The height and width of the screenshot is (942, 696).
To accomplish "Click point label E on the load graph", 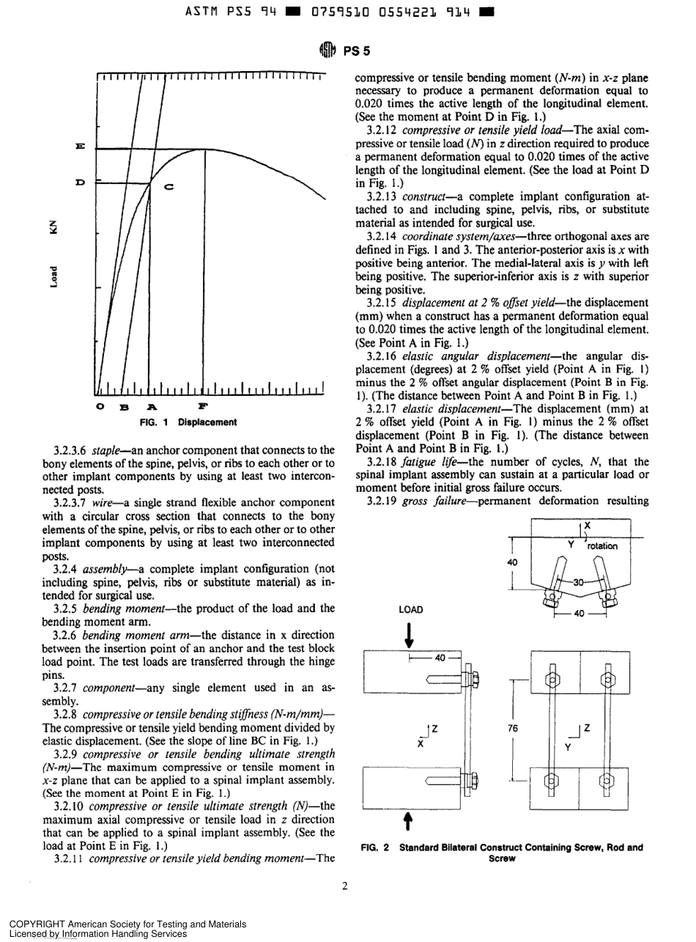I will pyautogui.click(x=80, y=147).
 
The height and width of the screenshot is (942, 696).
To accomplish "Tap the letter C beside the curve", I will pyautogui.click(x=169, y=187).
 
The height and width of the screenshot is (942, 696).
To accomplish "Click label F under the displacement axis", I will pyautogui.click(x=202, y=405).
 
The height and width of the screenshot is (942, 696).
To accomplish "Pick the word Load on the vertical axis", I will pyautogui.click(x=53, y=277).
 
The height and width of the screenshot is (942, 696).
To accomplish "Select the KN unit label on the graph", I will pyautogui.click(x=53, y=227).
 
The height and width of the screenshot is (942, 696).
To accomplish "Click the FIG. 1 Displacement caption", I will pyautogui.click(x=188, y=422).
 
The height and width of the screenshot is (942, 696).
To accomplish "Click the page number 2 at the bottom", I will pyautogui.click(x=344, y=886).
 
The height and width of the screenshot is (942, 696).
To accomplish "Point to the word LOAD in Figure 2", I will pyautogui.click(x=410, y=609).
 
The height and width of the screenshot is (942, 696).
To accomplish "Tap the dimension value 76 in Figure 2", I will pyautogui.click(x=513, y=729).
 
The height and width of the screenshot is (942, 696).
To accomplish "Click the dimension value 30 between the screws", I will pyautogui.click(x=577, y=582).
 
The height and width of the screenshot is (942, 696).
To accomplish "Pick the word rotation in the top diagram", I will pyautogui.click(x=603, y=545).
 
